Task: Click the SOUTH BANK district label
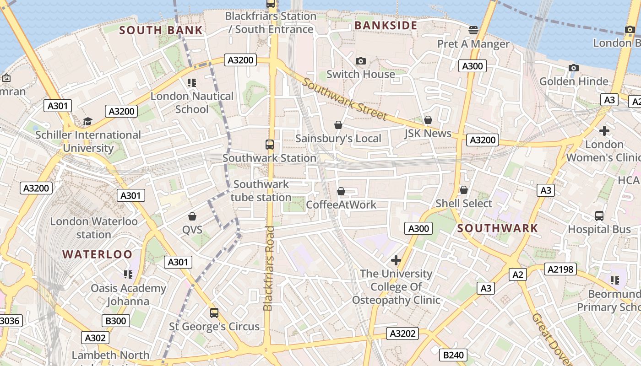click(x=161, y=31)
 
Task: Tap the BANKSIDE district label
click(x=386, y=26)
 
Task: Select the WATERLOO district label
click(x=97, y=254)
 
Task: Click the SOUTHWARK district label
click(x=498, y=228)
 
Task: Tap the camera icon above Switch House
click(x=361, y=61)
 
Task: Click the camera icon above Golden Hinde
click(x=573, y=68)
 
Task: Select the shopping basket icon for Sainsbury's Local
click(x=338, y=125)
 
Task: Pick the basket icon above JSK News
click(x=428, y=120)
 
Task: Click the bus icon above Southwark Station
click(x=270, y=145)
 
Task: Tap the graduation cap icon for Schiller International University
click(x=87, y=121)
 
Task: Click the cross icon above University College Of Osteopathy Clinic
click(x=396, y=260)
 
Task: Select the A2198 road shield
click(x=560, y=269)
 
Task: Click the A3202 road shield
click(x=402, y=334)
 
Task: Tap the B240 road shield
click(x=453, y=355)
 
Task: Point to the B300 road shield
click(x=116, y=321)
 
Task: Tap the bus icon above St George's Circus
click(x=214, y=313)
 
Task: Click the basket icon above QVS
click(x=192, y=216)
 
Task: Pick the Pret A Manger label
click(x=473, y=44)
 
